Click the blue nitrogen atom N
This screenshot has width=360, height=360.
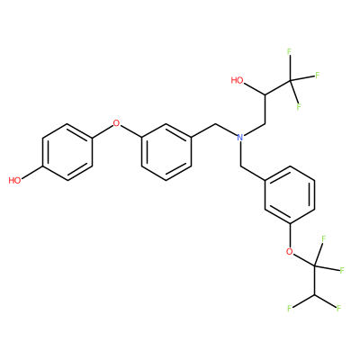pyautogui.click(x=240, y=138)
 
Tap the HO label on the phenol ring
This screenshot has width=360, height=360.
pyautogui.click(x=14, y=180)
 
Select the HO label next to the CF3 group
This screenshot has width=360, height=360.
pyautogui.click(x=238, y=80)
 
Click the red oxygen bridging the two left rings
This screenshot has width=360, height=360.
pyautogui.click(x=116, y=123)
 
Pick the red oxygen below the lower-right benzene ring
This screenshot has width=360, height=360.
pyautogui.click(x=290, y=251)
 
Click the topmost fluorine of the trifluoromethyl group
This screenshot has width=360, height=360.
pyautogui.click(x=290, y=52)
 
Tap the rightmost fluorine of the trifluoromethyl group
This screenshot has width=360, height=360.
pyautogui.click(x=317, y=75)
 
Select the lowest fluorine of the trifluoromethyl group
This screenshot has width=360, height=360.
pyautogui.click(x=299, y=107)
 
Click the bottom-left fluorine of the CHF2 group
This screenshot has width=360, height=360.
pyautogui.click(x=290, y=309)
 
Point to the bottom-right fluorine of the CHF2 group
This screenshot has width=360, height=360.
pyautogui.click(x=339, y=308)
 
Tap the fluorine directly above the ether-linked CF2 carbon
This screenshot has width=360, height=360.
pyautogui.click(x=324, y=239)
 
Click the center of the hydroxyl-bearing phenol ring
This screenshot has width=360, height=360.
pyautogui.click(x=67, y=152)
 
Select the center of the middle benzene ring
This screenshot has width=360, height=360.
pyautogui.click(x=166, y=152)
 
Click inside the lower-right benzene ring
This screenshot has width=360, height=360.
pyautogui.click(x=290, y=194)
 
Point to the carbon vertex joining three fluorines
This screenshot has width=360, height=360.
pyautogui.click(x=291, y=80)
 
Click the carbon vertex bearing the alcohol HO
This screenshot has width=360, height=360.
pyautogui.click(x=265, y=94)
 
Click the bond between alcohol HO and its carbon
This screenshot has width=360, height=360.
pyautogui.click(x=255, y=89)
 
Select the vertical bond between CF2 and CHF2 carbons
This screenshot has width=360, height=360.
pyautogui.click(x=314, y=281)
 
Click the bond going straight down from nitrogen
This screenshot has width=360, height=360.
pyautogui.click(x=240, y=154)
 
